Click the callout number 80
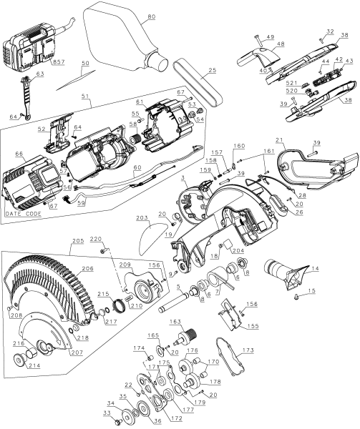tap(151, 17)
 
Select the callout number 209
tap(125, 265)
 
